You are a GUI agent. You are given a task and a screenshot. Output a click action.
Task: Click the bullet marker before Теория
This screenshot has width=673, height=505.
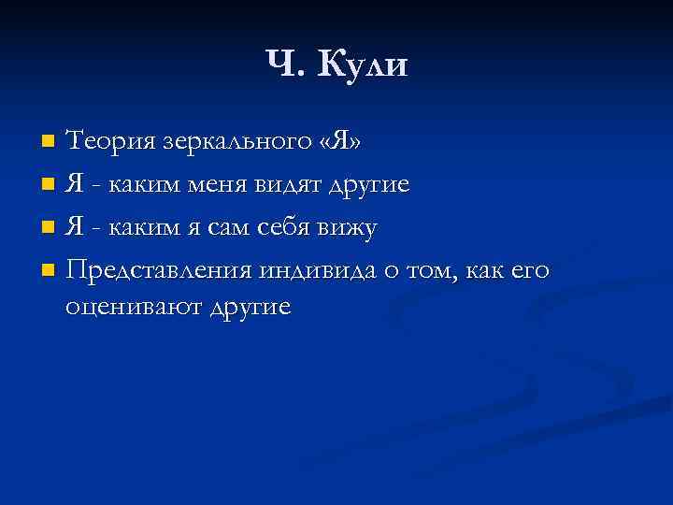coord(50,143)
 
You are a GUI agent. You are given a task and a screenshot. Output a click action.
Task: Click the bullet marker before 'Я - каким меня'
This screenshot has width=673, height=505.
coord(50,186)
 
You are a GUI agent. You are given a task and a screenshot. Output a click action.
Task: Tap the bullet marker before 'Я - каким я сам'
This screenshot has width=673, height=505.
coord(50,229)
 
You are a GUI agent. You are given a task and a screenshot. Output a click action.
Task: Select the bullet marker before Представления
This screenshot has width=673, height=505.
coord(50,272)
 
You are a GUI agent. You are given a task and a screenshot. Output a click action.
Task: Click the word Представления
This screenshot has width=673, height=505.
coord(159,271)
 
